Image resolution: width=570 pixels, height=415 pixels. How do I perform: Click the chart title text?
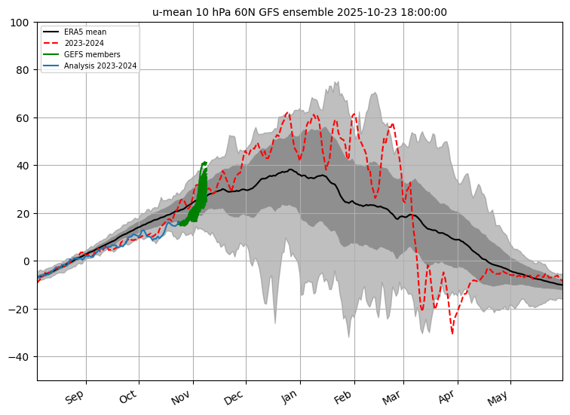[299, 12]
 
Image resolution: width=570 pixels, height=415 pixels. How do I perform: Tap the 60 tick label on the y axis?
[23, 118]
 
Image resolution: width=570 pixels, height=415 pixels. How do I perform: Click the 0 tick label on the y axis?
[26, 261]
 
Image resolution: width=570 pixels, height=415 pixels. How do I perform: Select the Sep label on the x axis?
[75, 397]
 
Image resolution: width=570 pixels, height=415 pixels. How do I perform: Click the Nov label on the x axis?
[182, 397]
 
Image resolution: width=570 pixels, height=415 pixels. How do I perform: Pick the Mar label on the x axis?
[392, 397]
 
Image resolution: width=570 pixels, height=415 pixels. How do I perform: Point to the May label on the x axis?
[499, 397]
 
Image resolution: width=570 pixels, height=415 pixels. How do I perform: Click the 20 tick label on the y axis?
[23, 214]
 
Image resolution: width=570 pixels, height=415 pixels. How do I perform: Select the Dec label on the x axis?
[234, 397]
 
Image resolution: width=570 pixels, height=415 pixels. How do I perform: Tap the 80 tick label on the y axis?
[23, 71]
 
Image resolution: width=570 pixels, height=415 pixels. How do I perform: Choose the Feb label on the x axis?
[343, 397]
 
